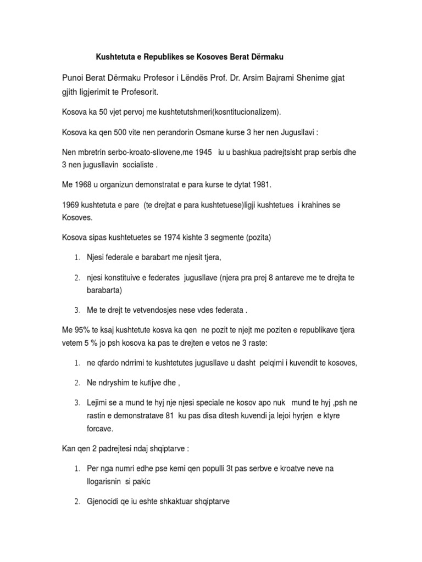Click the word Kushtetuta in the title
click(116, 57)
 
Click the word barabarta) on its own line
click(104, 290)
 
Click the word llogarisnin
click(108, 481)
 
